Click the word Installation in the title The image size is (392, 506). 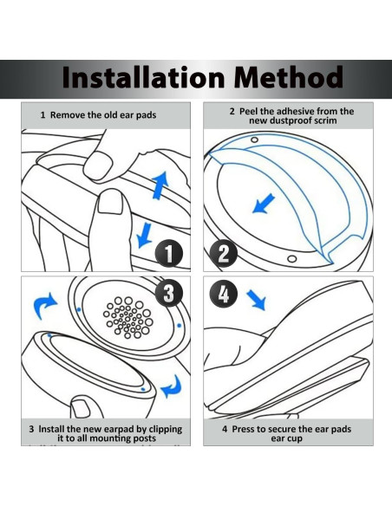click(143, 77)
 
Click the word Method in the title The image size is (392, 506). click(288, 77)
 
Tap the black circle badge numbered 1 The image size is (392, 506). click(169, 254)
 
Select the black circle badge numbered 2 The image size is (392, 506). click(224, 254)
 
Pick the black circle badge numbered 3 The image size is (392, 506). click(169, 294)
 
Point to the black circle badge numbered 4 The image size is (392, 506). click(224, 294)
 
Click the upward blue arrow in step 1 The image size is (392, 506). click(160, 185)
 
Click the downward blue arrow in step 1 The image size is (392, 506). click(144, 235)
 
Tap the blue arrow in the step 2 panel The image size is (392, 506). click(263, 204)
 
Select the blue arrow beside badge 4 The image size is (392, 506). click(257, 300)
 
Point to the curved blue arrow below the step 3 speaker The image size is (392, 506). click(172, 386)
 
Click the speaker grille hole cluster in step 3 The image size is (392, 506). click(128, 317)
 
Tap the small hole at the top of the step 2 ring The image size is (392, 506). click(254, 139)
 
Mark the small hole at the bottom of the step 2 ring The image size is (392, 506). click(292, 259)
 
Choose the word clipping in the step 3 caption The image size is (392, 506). click(166, 430)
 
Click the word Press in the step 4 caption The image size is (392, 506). click(243, 429)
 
